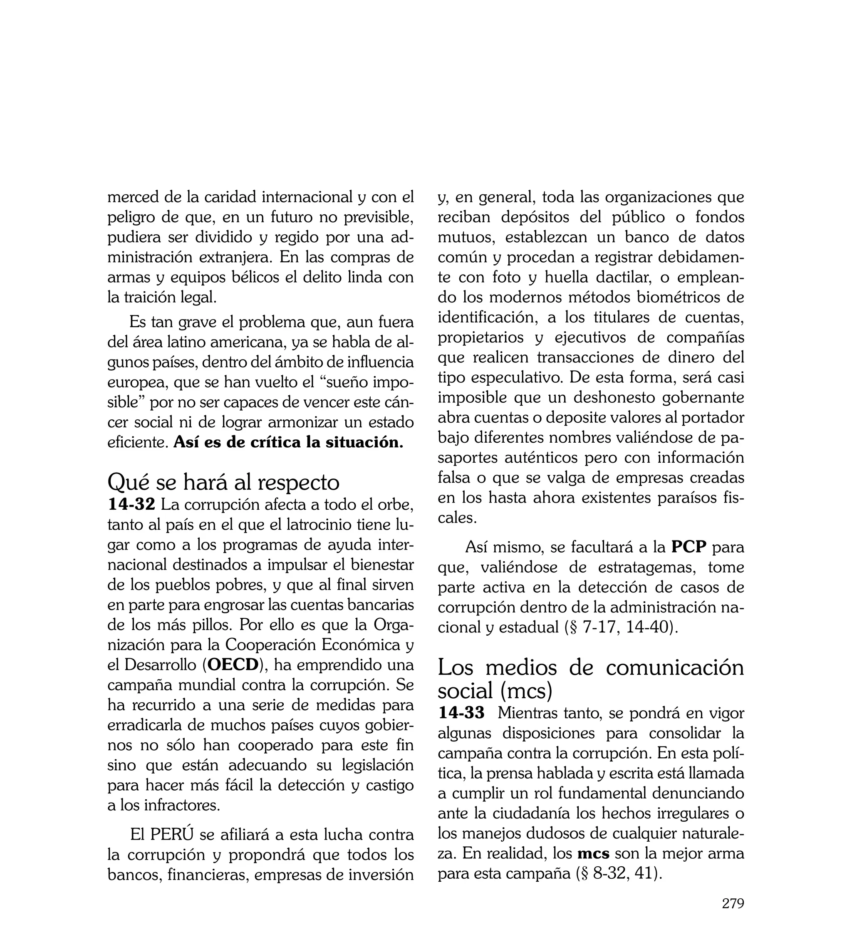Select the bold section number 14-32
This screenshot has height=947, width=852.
[x=131, y=505]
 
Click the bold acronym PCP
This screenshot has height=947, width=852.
[x=688, y=547]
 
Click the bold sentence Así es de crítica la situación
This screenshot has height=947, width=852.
[x=288, y=442]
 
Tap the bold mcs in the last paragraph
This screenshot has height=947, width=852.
[x=593, y=853]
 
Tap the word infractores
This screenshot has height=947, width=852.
[x=182, y=805]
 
